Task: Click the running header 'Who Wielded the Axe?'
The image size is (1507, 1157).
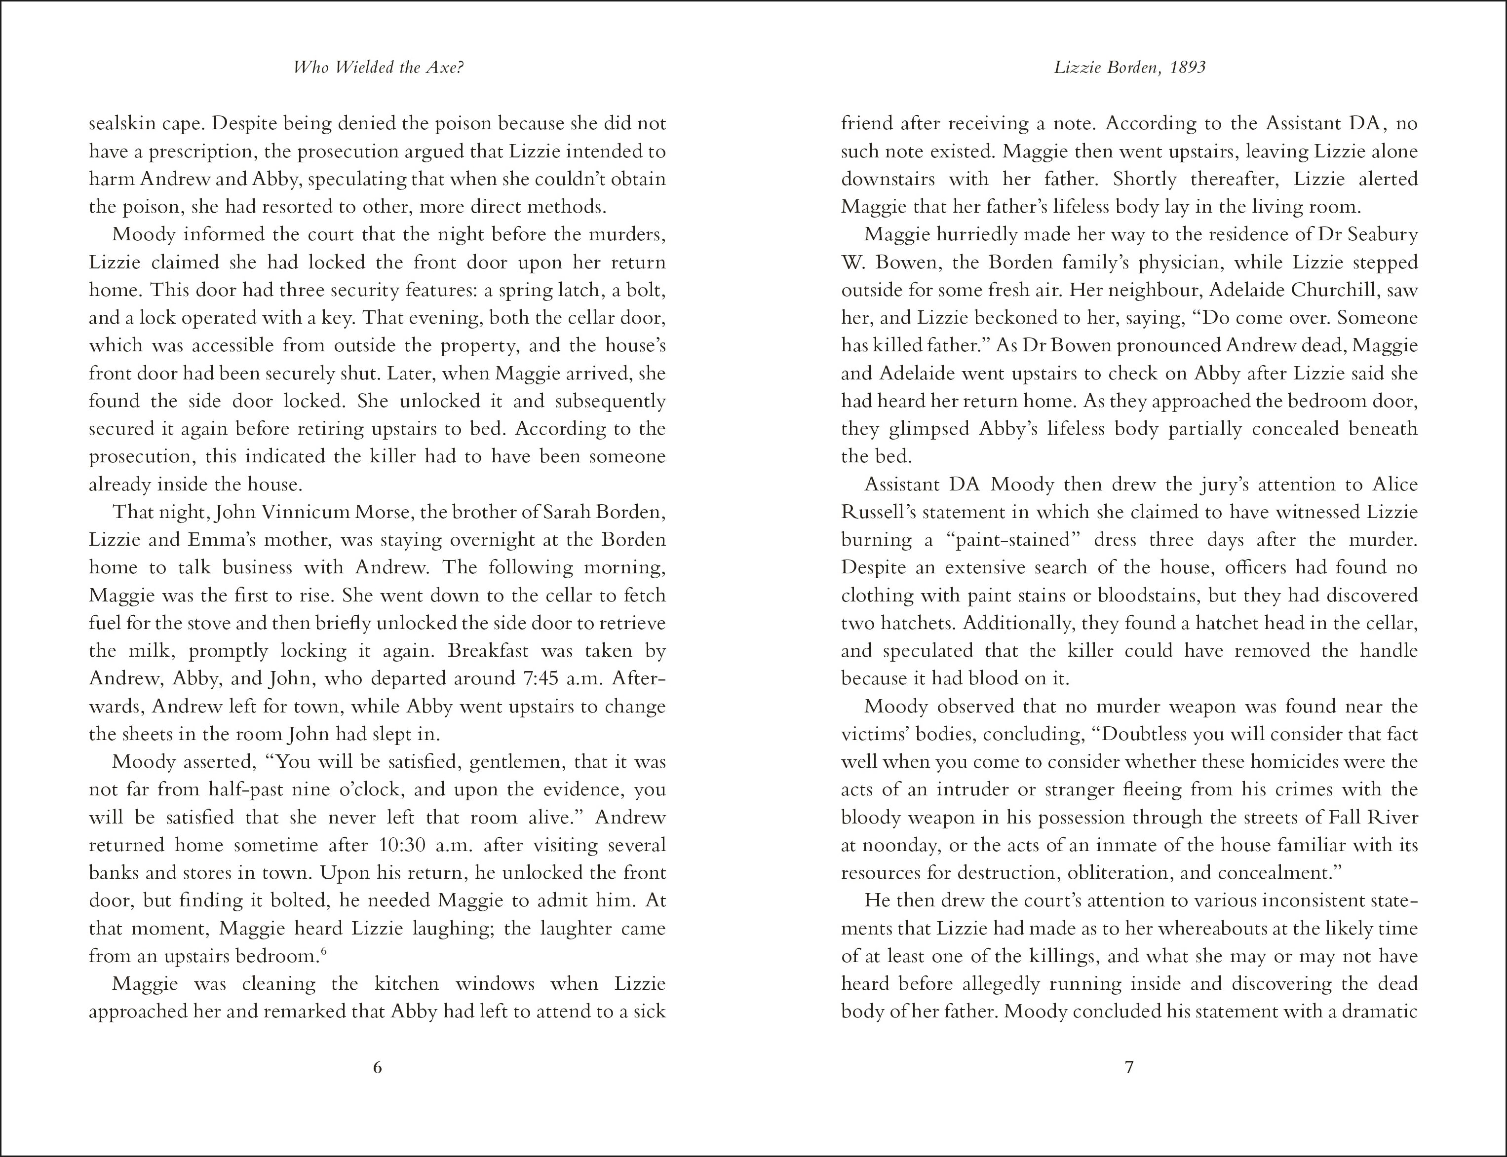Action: click(377, 68)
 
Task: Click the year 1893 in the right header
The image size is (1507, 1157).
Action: click(1187, 68)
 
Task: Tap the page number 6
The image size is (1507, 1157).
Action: click(377, 1068)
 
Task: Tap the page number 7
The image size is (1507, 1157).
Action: click(1129, 1068)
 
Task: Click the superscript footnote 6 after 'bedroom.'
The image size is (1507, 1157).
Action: click(323, 952)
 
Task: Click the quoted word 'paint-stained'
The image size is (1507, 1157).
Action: click(1009, 540)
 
